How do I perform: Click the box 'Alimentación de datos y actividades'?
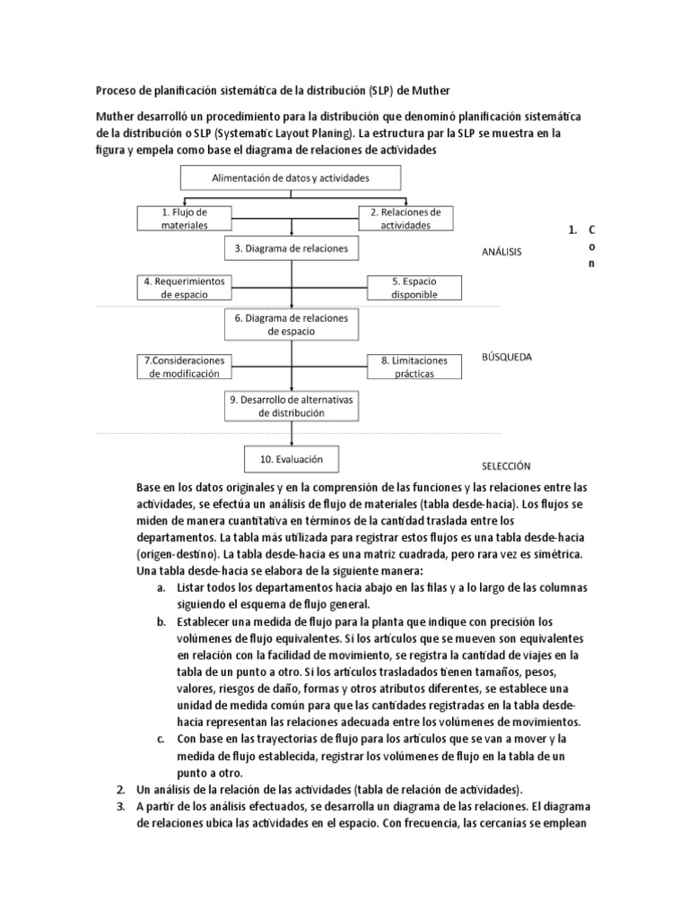[x=290, y=178]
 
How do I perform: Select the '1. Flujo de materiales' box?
[x=184, y=218]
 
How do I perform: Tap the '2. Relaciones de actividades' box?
[x=405, y=218]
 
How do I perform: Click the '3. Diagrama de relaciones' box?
[x=291, y=247]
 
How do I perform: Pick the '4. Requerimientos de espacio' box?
[x=184, y=287]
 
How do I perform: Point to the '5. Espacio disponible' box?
[x=414, y=287]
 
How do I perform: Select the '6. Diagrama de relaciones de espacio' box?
[x=291, y=325]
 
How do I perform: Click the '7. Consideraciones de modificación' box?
[x=184, y=366]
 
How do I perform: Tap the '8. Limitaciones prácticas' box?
[x=414, y=366]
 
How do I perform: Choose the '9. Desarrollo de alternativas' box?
[x=291, y=405]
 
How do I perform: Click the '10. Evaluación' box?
[x=291, y=459]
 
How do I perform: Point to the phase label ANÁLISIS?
[x=501, y=253]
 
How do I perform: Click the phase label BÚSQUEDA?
[x=507, y=356]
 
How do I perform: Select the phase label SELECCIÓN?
[x=506, y=466]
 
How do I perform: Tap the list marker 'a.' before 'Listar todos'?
[x=160, y=587]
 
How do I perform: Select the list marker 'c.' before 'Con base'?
[x=160, y=739]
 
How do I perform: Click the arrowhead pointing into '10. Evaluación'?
[x=291, y=443]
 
